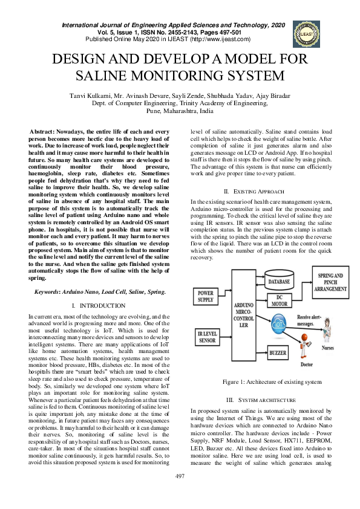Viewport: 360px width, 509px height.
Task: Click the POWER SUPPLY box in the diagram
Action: [x=206, y=296]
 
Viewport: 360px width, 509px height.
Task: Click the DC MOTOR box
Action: [x=279, y=301]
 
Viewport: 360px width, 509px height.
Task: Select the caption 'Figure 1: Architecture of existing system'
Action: [x=272, y=382]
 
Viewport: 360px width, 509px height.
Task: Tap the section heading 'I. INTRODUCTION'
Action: [x=98, y=306]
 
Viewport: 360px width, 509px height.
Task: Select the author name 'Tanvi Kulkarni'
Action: [x=91, y=96]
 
